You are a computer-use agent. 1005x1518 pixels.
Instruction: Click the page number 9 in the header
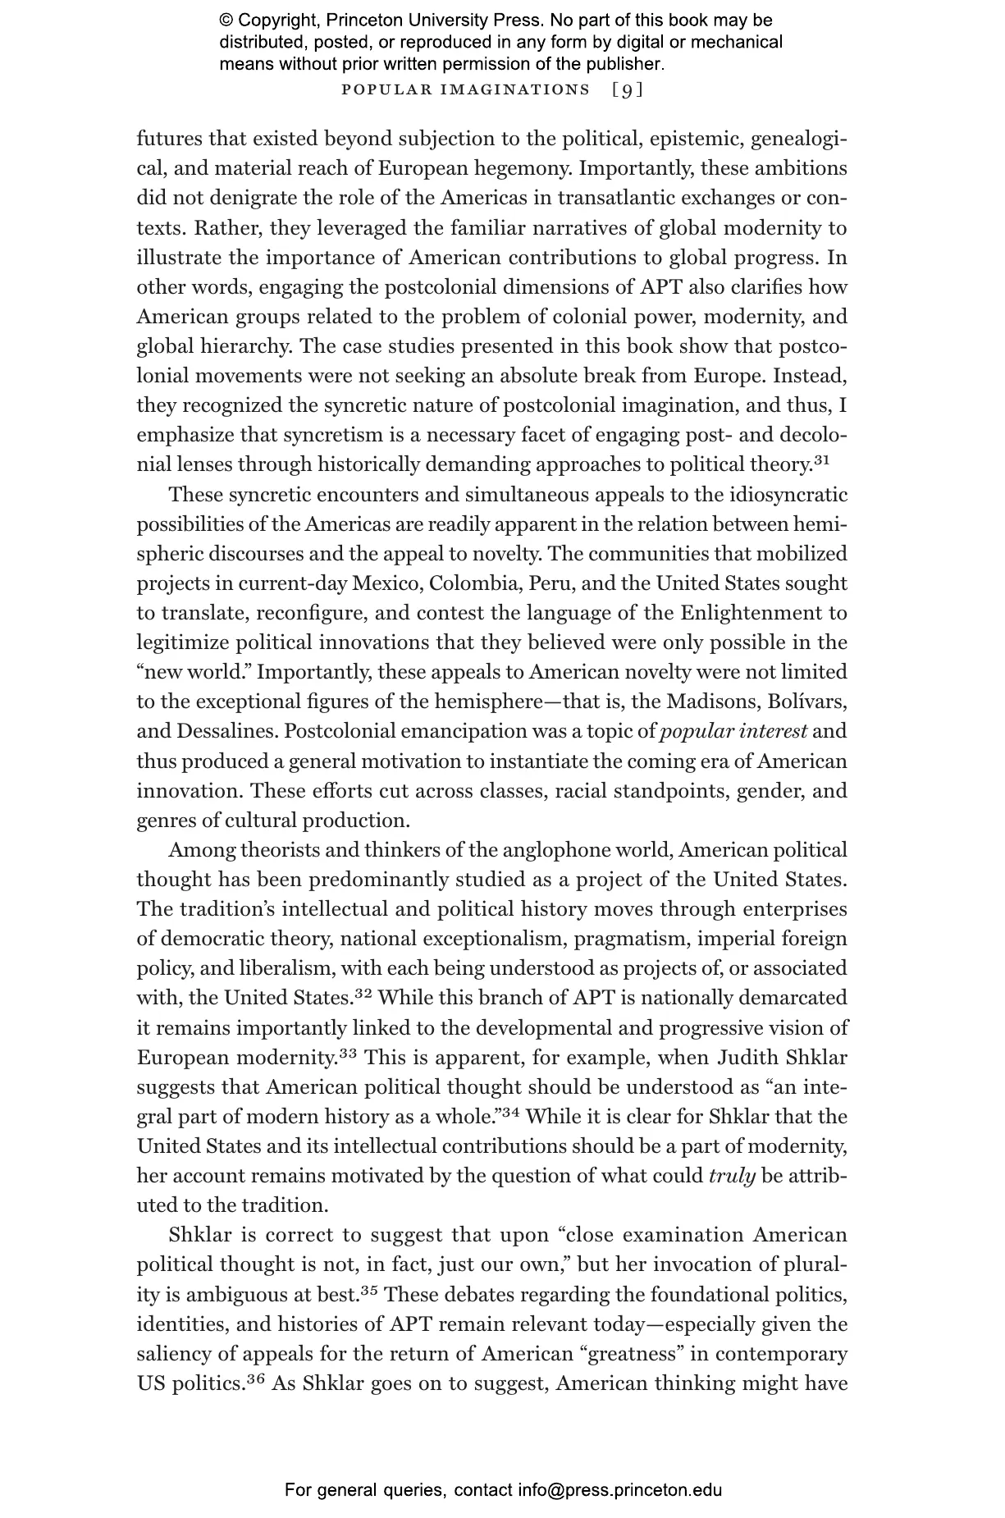pos(628,89)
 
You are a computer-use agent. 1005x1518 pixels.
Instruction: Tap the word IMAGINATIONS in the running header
pos(515,89)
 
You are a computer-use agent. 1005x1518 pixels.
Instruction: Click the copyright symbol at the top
pos(226,21)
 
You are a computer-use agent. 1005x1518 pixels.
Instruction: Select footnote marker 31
pos(822,461)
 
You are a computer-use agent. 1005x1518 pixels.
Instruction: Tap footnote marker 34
pos(512,1113)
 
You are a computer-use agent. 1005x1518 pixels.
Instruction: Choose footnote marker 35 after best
pos(369,1291)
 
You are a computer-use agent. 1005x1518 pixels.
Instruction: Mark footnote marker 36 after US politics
pos(256,1379)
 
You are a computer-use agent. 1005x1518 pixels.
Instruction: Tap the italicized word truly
pos(732,1176)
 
